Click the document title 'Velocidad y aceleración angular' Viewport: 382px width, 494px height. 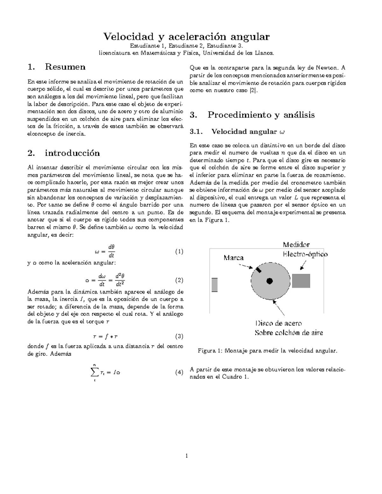pos(186,37)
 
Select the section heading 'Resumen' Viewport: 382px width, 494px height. pos(65,67)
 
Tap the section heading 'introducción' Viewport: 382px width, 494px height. pos(72,153)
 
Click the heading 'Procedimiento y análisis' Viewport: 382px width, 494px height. pos(261,115)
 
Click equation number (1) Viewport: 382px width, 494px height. pos(179,252)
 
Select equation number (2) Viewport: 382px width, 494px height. pos(179,280)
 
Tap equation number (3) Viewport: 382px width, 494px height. pos(179,336)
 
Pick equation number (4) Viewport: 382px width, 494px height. pos(179,372)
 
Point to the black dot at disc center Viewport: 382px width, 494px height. pos(270,281)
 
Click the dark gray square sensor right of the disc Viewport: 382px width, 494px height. pos(301,281)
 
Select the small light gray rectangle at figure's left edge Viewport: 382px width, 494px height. pos(215,284)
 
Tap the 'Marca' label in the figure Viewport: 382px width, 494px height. pos(233,258)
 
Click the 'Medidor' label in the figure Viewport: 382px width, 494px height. pos(296,245)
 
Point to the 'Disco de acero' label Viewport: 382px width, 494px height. pos(279,323)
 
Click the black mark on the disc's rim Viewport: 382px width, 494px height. pos(258,270)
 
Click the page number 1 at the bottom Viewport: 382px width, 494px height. pos(187,456)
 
